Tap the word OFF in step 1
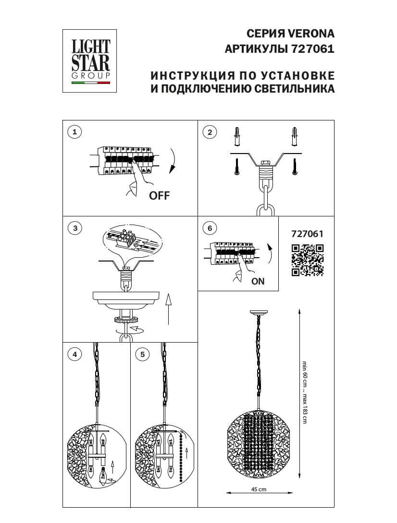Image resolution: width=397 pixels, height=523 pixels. point(160,195)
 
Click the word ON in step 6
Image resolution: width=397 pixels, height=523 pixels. point(258,282)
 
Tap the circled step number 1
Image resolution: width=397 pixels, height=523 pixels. point(74,132)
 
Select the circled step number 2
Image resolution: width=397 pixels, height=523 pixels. point(209,132)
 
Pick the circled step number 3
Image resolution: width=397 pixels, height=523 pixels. point(74,228)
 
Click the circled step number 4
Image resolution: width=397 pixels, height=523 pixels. point(74,354)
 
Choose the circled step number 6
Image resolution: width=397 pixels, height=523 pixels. point(209,228)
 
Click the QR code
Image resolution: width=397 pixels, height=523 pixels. point(308,261)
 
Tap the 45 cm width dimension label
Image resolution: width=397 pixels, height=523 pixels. point(259,489)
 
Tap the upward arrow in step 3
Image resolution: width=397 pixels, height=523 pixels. point(167,307)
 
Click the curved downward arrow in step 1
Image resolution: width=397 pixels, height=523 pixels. point(173,162)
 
